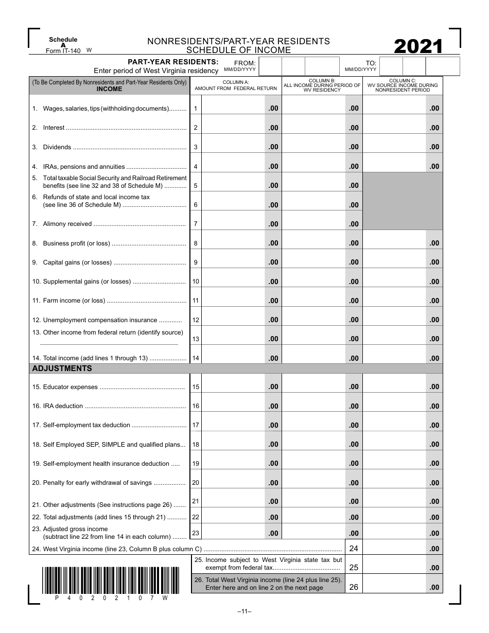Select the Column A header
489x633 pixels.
pos(235,85)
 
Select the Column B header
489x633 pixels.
pos(322,85)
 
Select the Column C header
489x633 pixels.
pos(403,85)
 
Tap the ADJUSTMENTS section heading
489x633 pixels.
pos(62,368)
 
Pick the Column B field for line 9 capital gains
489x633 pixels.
pos(313,262)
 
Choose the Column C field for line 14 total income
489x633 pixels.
pos(394,358)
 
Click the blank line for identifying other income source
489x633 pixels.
pos(109,343)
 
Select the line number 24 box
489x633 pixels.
pos(354,549)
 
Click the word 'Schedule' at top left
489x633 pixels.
pos(63,40)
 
